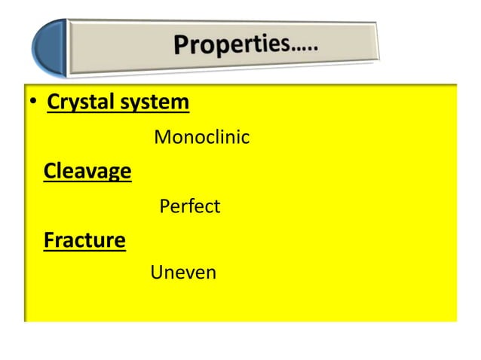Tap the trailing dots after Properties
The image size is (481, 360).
pyautogui.click(x=303, y=47)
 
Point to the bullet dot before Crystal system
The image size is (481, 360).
pyautogui.click(x=32, y=104)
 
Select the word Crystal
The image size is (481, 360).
pyautogui.click(x=76, y=102)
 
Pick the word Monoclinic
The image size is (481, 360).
pyautogui.click(x=201, y=139)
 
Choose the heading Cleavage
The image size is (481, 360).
pyautogui.click(x=87, y=172)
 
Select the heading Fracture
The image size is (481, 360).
pyautogui.click(x=84, y=241)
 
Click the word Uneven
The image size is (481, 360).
pyautogui.click(x=183, y=273)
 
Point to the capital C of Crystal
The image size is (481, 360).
pyautogui.click(x=54, y=102)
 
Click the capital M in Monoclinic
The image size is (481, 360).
pyautogui.click(x=161, y=139)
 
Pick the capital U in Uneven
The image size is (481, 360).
pyautogui.click(x=158, y=273)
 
